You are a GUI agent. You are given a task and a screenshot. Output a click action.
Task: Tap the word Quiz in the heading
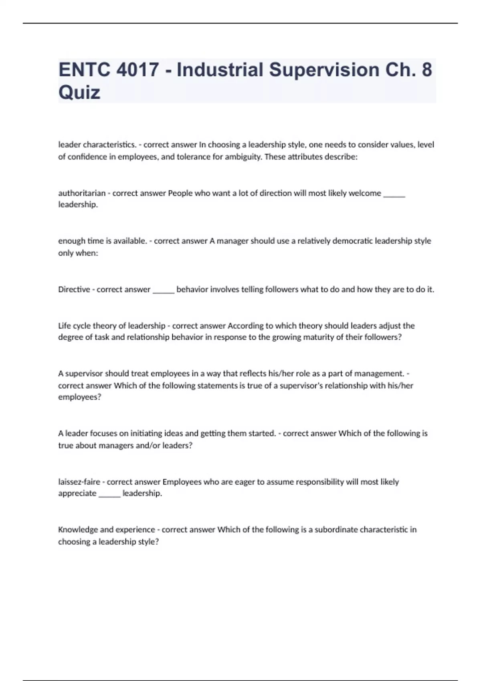click(79, 93)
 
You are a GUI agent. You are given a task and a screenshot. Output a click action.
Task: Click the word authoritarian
click(82, 193)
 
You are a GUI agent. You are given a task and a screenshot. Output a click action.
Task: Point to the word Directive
click(74, 289)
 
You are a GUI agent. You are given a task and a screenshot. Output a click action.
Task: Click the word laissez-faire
click(79, 482)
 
